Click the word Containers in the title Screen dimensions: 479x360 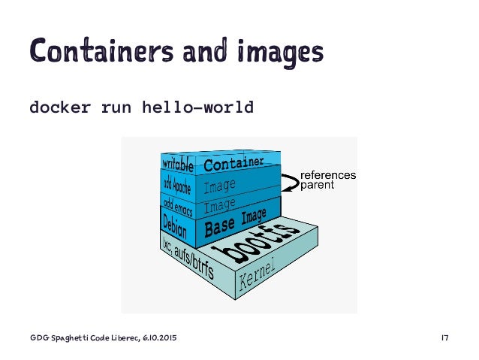pos(93,50)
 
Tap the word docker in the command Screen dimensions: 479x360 pos(60,107)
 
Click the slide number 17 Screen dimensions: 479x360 pos(444,339)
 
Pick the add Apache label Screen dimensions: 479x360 pos(177,184)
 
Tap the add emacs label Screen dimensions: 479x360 pos(176,203)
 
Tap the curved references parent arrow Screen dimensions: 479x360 pos(289,181)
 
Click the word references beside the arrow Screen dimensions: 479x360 pos(328,175)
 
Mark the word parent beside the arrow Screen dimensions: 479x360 pos(317,186)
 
